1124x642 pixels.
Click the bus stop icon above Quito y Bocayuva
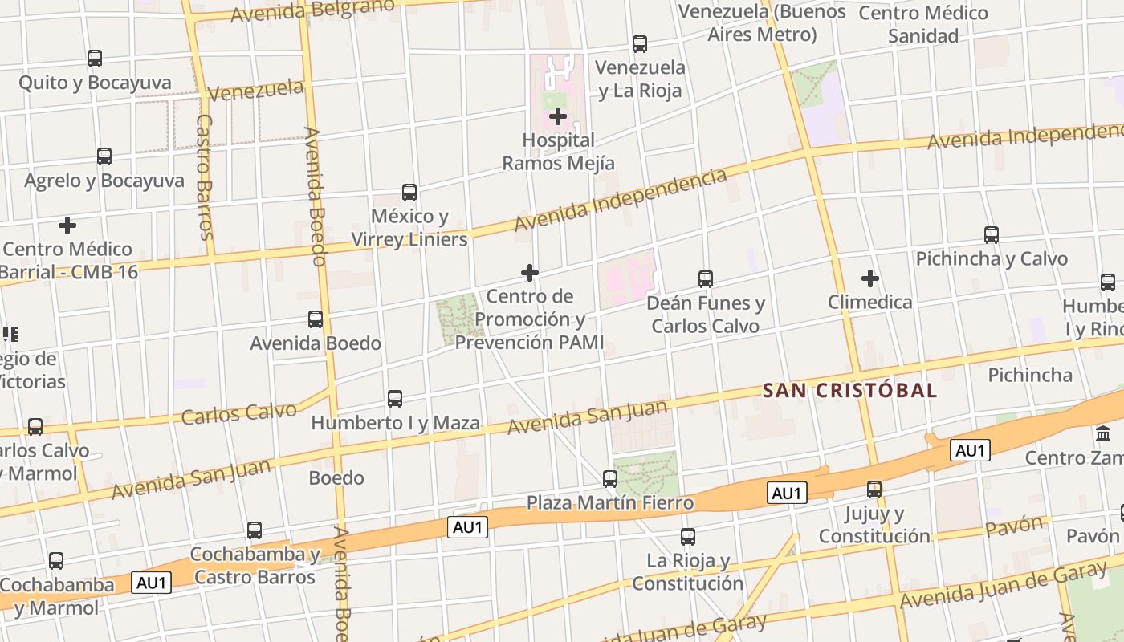[95, 59]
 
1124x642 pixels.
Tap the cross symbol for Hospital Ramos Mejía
[558, 117]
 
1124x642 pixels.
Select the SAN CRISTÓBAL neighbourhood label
[849, 391]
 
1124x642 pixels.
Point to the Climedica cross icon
[869, 278]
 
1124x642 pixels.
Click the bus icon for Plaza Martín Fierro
[610, 479]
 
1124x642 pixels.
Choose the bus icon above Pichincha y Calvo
[992, 235]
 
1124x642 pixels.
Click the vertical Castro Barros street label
[205, 177]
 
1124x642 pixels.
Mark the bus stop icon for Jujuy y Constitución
[874, 489]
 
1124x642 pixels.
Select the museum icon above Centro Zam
[1103, 435]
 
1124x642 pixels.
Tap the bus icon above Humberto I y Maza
[395, 399]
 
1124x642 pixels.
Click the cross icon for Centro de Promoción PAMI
[530, 273]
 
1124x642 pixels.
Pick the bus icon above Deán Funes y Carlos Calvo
[706, 279]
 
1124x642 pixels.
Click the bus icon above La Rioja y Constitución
[688, 537]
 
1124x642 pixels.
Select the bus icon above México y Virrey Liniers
[409, 193]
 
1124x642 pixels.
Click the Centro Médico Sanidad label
[923, 24]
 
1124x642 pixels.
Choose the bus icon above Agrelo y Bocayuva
[104, 156]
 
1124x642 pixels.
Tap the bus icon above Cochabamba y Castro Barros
[255, 530]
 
